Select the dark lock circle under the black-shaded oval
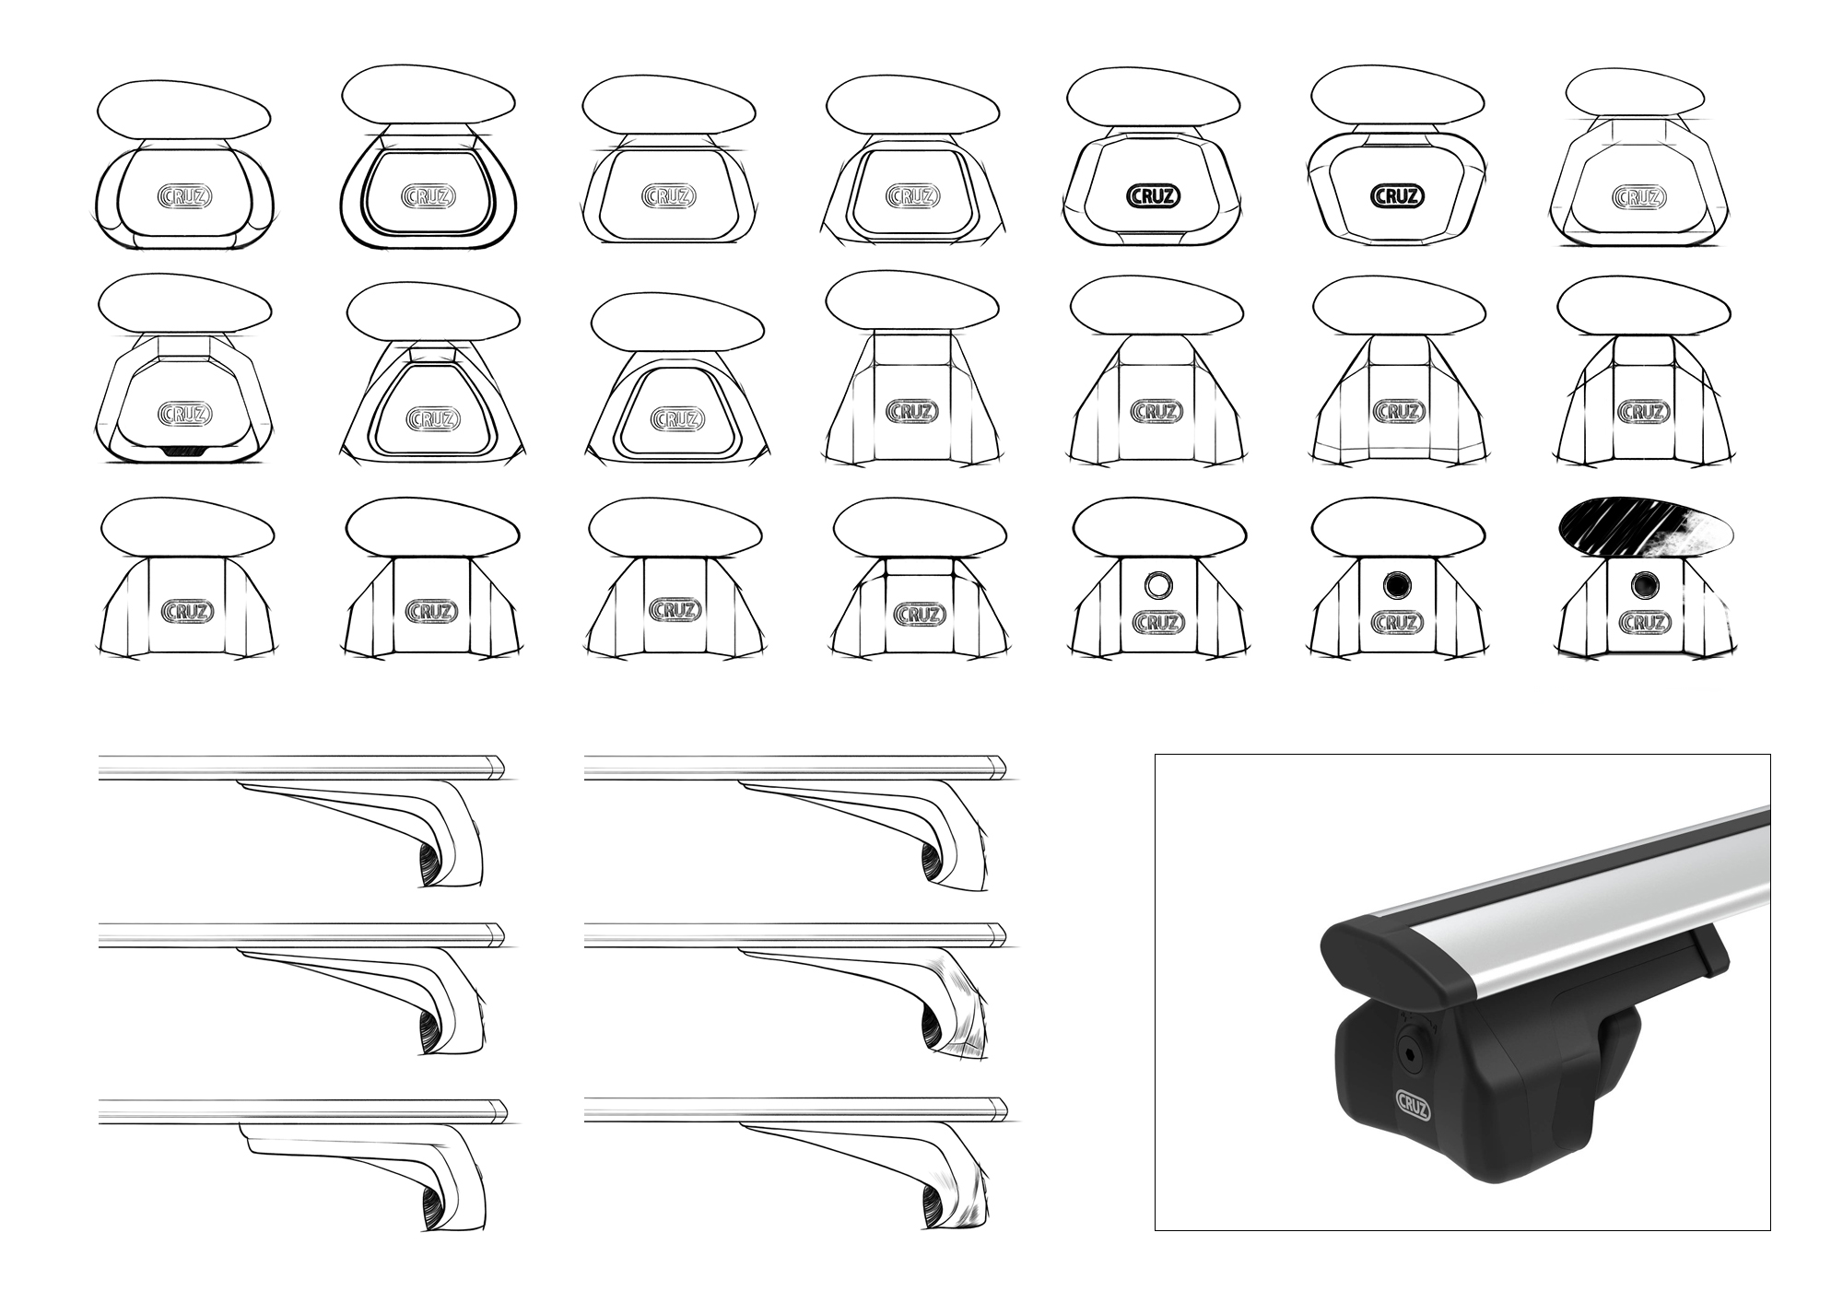click(1641, 584)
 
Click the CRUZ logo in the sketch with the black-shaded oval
click(1641, 624)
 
